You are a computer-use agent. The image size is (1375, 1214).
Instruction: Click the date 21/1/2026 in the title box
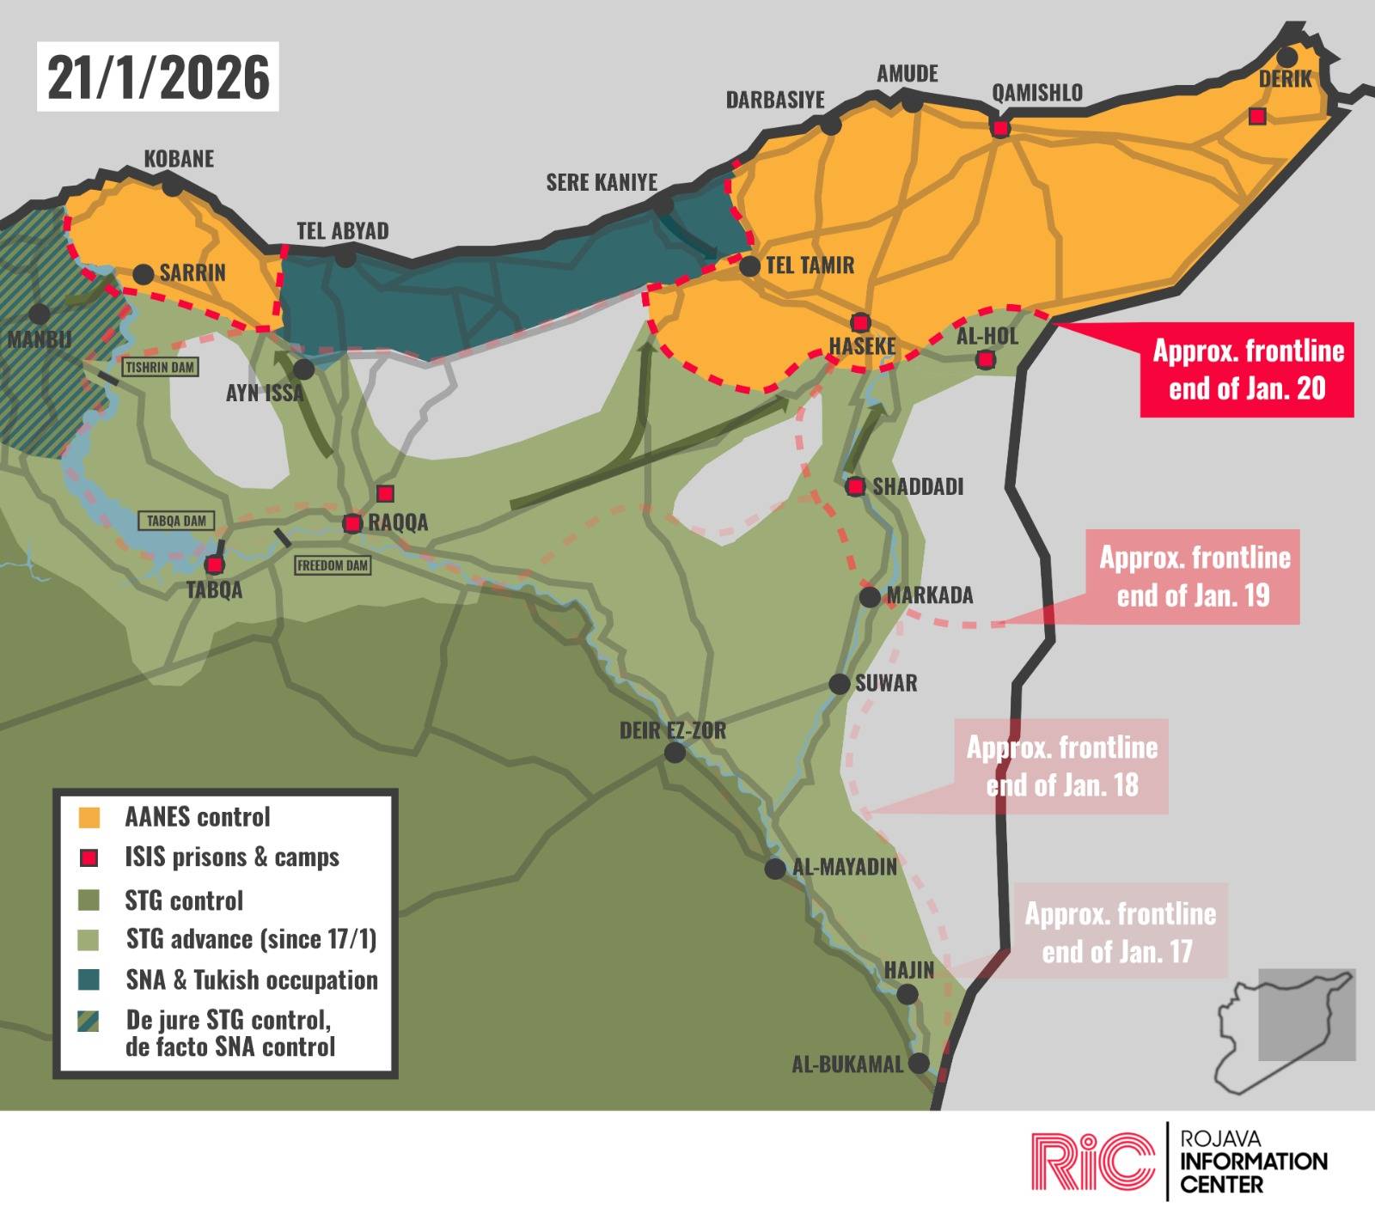157,77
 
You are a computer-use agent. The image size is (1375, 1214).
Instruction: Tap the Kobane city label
179,159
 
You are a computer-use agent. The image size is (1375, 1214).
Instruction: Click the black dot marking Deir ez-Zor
675,753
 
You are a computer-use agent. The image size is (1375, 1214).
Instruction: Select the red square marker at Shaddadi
855,487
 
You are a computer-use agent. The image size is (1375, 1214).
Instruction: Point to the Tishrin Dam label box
160,368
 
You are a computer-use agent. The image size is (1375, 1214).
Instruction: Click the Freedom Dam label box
332,565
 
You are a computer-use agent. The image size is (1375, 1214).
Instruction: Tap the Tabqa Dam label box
176,521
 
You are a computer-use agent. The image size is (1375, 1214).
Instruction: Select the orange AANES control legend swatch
89,817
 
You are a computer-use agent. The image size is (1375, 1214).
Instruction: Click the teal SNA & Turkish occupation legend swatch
89,979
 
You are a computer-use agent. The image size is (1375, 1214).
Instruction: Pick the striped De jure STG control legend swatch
89,1021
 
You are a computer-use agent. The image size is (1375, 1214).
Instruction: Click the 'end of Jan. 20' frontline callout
1247,369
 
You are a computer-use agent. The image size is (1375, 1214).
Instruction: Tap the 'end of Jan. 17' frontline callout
1119,931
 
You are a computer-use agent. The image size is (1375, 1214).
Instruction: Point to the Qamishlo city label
1036,93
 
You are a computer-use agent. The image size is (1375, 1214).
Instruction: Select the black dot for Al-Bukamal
919,1063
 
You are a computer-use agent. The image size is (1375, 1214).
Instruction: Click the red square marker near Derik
1257,116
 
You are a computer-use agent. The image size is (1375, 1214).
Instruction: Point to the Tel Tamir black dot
749,266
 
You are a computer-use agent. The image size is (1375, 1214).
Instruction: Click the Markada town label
929,595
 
